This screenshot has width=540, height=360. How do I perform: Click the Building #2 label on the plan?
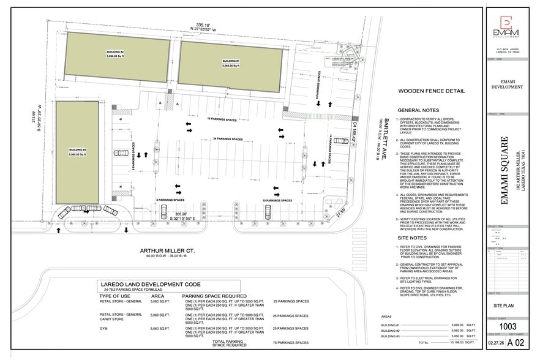coord(117,54)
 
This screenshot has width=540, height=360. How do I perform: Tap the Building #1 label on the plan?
coord(230,63)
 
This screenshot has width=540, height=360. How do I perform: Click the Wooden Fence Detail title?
coord(431,91)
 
